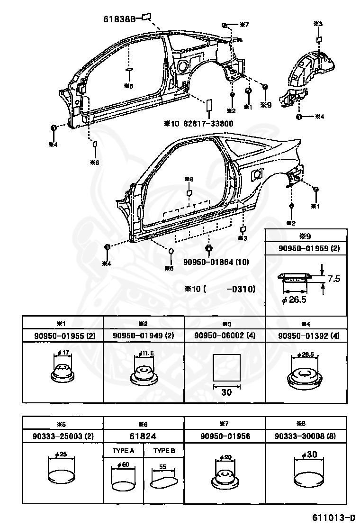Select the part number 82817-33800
tap(206, 123)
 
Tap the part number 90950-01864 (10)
tap(216, 262)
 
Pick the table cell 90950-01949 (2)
tap(144, 336)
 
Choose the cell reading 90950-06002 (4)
tap(225, 336)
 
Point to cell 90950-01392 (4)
tap(306, 336)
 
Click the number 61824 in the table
tap(144, 436)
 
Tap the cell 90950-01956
tap(225, 436)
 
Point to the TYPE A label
tap(124, 450)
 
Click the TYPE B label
tap(164, 450)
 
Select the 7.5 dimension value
tap(334, 279)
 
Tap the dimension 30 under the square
tap(227, 392)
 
